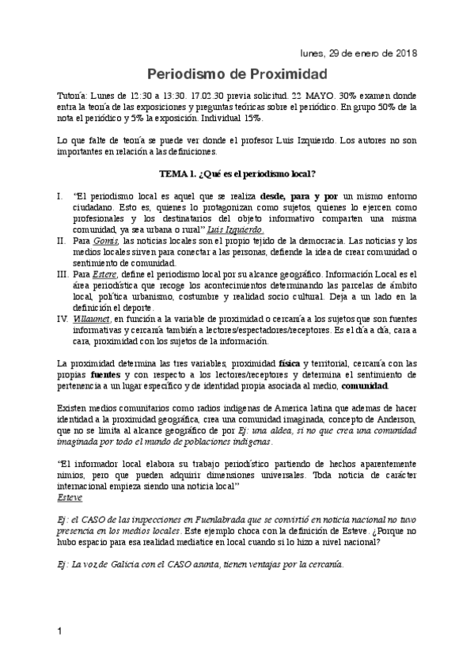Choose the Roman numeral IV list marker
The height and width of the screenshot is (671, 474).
pos(63,320)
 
